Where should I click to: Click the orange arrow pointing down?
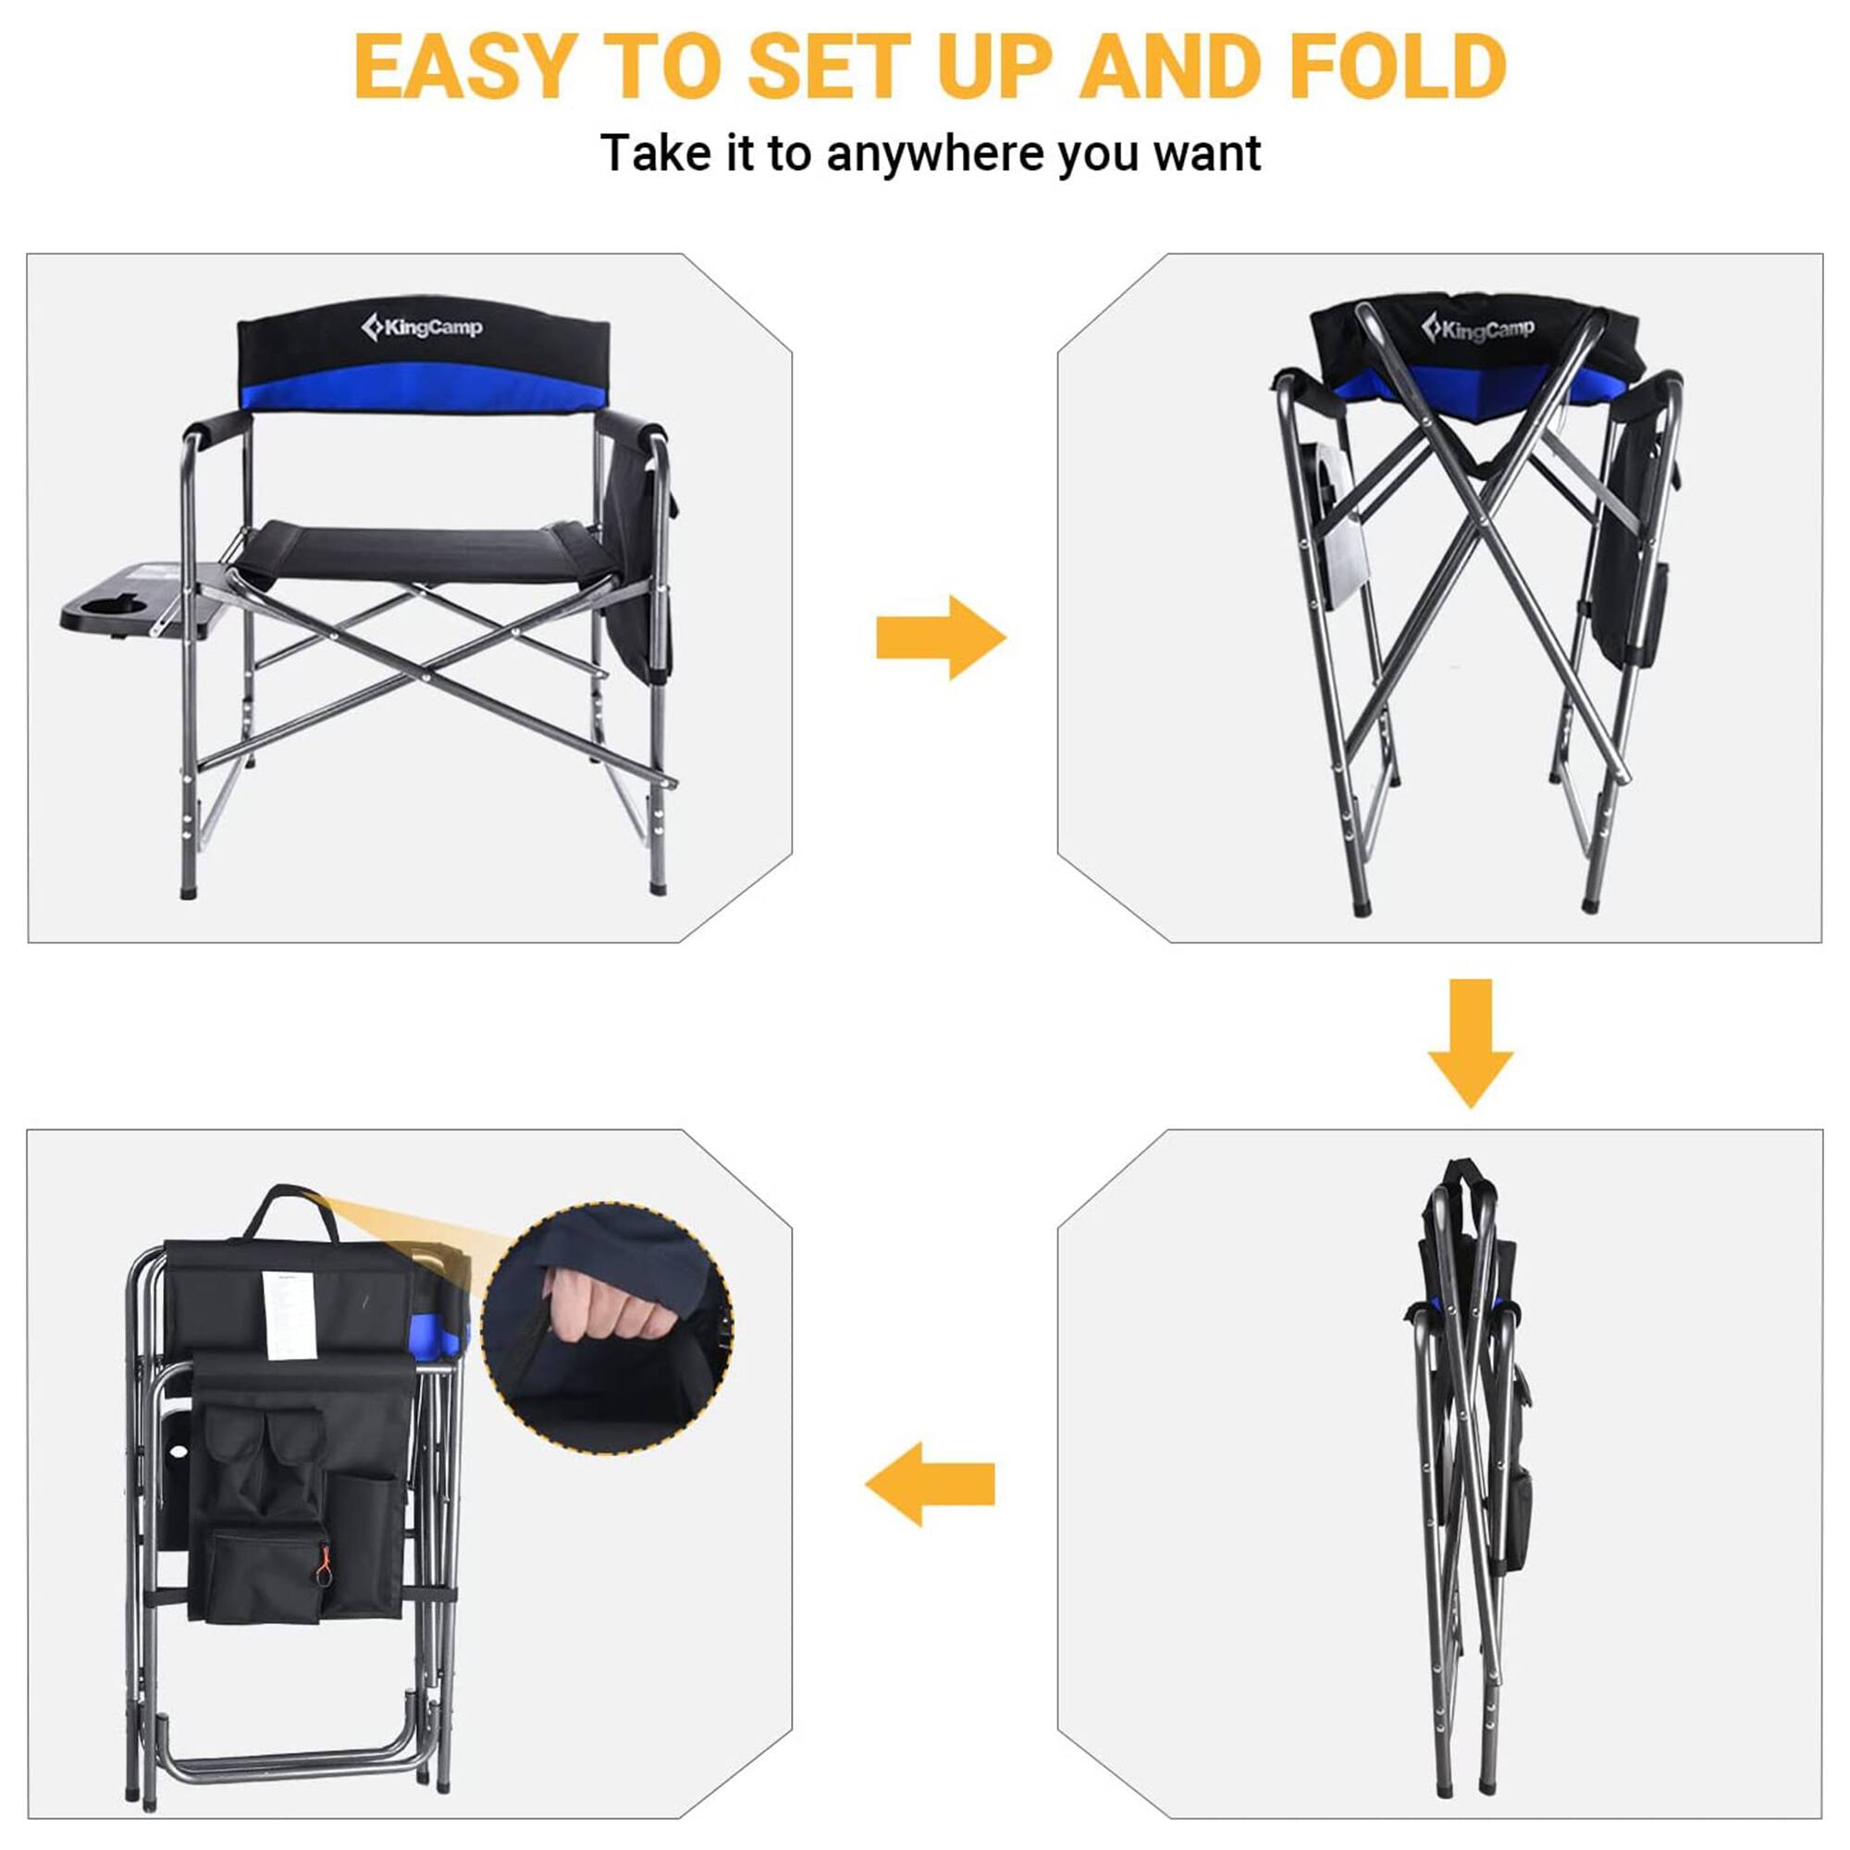point(1470,1042)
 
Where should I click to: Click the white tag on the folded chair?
point(289,1313)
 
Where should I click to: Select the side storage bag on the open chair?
point(640,574)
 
